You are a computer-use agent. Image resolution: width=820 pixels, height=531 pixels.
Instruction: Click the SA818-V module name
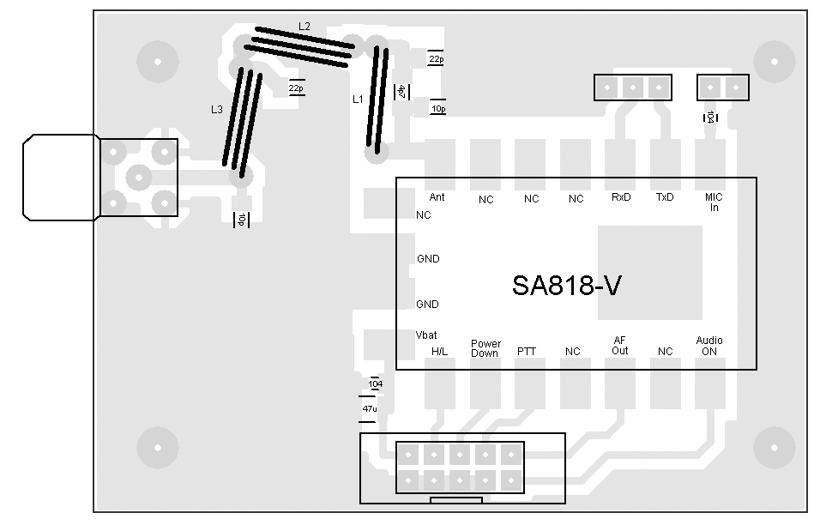click(x=566, y=286)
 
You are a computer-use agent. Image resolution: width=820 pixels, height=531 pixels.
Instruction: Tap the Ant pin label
click(x=437, y=197)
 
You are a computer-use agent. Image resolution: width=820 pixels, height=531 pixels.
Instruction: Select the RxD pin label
click(x=621, y=197)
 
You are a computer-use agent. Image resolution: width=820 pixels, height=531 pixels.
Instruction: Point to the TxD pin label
click(x=665, y=197)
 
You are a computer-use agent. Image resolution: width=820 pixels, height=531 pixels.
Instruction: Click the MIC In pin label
click(x=713, y=202)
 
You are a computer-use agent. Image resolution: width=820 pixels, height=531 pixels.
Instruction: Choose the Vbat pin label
click(x=427, y=335)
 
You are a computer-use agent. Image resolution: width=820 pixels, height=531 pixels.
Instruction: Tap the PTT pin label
click(x=527, y=352)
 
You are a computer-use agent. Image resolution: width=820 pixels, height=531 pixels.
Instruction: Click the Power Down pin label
click(x=485, y=348)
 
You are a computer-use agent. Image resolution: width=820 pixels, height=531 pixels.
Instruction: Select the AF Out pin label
click(x=620, y=345)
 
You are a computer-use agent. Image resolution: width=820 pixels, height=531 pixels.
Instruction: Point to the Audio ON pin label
click(x=709, y=346)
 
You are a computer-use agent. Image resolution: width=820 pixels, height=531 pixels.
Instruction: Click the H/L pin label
click(x=439, y=352)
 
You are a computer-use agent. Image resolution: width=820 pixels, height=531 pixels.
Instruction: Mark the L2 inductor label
click(x=304, y=27)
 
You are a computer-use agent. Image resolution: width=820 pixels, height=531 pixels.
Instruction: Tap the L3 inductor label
click(x=217, y=110)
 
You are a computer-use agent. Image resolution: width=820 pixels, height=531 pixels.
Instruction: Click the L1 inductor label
click(x=359, y=100)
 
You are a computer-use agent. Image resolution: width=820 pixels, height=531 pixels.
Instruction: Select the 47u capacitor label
click(x=370, y=409)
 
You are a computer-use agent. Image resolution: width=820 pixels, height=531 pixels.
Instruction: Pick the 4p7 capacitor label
click(x=400, y=92)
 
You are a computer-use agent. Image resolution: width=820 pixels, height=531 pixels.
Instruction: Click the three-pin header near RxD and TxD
click(x=633, y=87)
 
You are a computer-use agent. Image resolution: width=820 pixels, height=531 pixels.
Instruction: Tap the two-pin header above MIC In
click(x=722, y=87)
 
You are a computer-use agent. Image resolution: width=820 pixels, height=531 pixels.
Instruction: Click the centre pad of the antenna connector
click(x=138, y=178)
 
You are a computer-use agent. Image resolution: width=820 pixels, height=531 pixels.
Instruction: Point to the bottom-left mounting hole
click(x=158, y=447)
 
